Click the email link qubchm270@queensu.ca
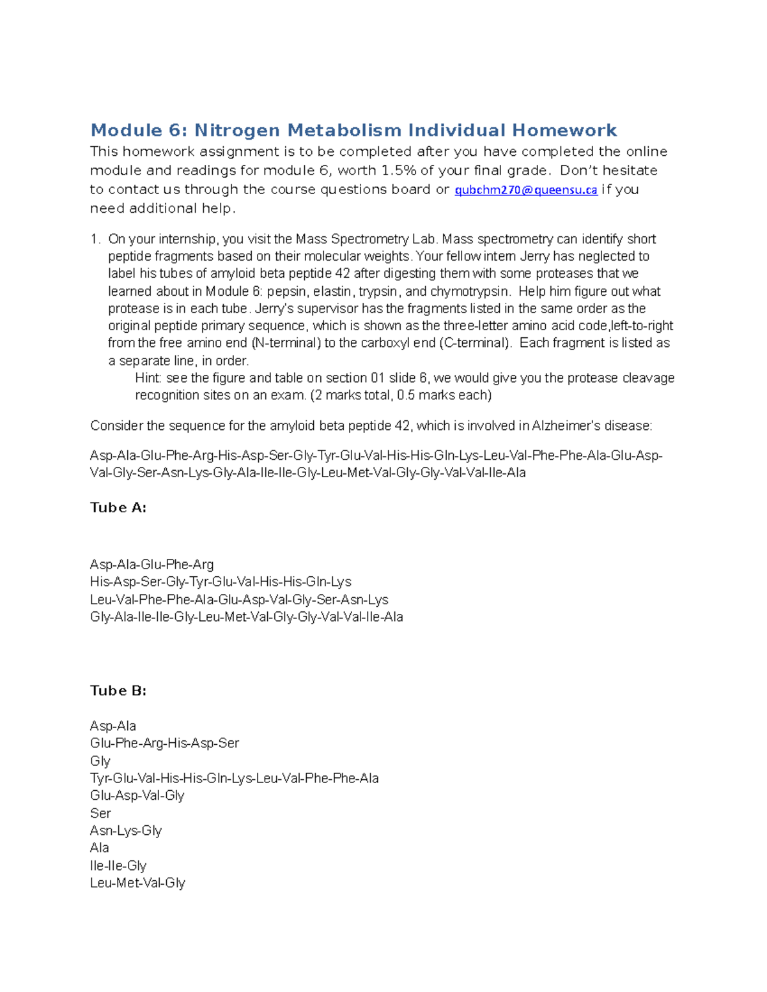click(x=525, y=190)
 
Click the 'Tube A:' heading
click(x=118, y=508)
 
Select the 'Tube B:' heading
click(x=118, y=691)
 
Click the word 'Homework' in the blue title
click(x=564, y=130)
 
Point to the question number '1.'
click(x=96, y=239)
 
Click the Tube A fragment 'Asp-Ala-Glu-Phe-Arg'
click(x=152, y=565)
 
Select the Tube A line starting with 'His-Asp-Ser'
click(x=221, y=582)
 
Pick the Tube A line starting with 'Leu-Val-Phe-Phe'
click(x=239, y=600)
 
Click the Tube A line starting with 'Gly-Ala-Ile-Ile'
click(x=246, y=617)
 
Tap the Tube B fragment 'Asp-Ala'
click(x=113, y=726)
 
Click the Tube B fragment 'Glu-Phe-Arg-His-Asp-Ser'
click(x=164, y=744)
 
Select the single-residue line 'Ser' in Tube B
click(x=100, y=813)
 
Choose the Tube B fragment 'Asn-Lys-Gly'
click(x=126, y=830)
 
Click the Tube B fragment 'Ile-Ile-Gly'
click(x=118, y=866)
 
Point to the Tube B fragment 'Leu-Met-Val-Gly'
click(x=137, y=883)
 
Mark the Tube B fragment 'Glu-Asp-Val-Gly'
click(x=137, y=796)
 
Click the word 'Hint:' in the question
click(x=149, y=378)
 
